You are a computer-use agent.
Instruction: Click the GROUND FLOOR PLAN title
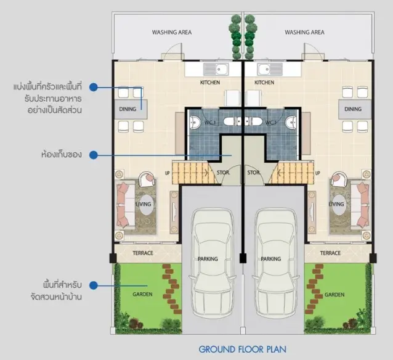click(x=242, y=350)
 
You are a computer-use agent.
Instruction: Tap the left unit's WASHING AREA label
click(x=172, y=32)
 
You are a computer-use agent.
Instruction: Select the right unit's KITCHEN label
click(x=264, y=83)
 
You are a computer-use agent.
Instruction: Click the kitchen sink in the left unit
click(x=216, y=69)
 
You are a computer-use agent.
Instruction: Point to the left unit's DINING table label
click(x=128, y=109)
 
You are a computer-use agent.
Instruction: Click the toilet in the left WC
click(x=231, y=121)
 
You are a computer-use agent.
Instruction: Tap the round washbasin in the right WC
click(x=291, y=122)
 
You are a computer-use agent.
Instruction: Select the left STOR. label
click(x=224, y=173)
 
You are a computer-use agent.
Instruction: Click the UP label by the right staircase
click(x=318, y=173)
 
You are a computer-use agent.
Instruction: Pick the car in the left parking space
click(x=213, y=263)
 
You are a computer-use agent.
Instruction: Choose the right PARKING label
click(x=270, y=259)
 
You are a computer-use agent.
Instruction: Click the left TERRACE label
click(x=143, y=253)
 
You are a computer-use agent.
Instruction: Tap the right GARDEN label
click(x=334, y=295)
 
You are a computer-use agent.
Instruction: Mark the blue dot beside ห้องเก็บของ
click(x=94, y=155)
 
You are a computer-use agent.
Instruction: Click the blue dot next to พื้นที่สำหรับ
click(x=94, y=285)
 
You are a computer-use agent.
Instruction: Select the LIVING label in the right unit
click(x=336, y=204)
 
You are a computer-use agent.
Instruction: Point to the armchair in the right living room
click(x=339, y=179)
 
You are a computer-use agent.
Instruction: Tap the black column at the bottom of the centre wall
click(x=243, y=258)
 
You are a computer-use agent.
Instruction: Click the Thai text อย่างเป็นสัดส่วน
click(x=55, y=110)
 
